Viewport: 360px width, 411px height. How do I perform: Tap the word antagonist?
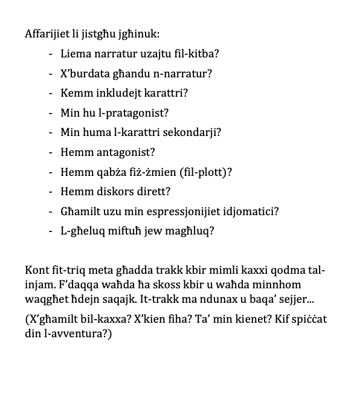click(121, 152)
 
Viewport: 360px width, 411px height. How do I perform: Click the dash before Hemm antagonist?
click(51, 152)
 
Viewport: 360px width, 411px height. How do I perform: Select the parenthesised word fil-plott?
click(201, 172)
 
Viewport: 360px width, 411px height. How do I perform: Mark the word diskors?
click(108, 192)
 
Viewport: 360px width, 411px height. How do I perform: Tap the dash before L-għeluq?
click(51, 231)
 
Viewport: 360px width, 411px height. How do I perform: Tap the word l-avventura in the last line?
click(76, 333)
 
